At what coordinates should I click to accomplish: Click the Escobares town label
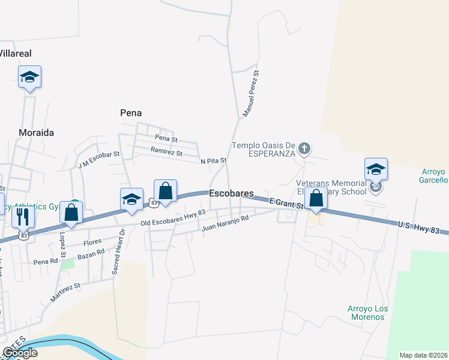(x=231, y=194)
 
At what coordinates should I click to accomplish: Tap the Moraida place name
(x=37, y=132)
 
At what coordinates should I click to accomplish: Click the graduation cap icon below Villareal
(x=29, y=77)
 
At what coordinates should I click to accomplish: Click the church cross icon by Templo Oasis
(x=304, y=148)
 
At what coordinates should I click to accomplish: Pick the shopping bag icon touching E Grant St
(x=316, y=199)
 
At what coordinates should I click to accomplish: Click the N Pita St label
(x=213, y=161)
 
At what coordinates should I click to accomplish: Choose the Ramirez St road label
(x=166, y=152)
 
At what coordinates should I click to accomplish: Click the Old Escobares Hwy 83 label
(x=173, y=217)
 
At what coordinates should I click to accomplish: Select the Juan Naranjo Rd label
(x=225, y=224)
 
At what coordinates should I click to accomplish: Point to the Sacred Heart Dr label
(x=118, y=251)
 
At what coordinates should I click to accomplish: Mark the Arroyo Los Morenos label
(x=367, y=312)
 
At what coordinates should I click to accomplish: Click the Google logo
(x=20, y=353)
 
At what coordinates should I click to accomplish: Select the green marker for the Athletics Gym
(x=74, y=203)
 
